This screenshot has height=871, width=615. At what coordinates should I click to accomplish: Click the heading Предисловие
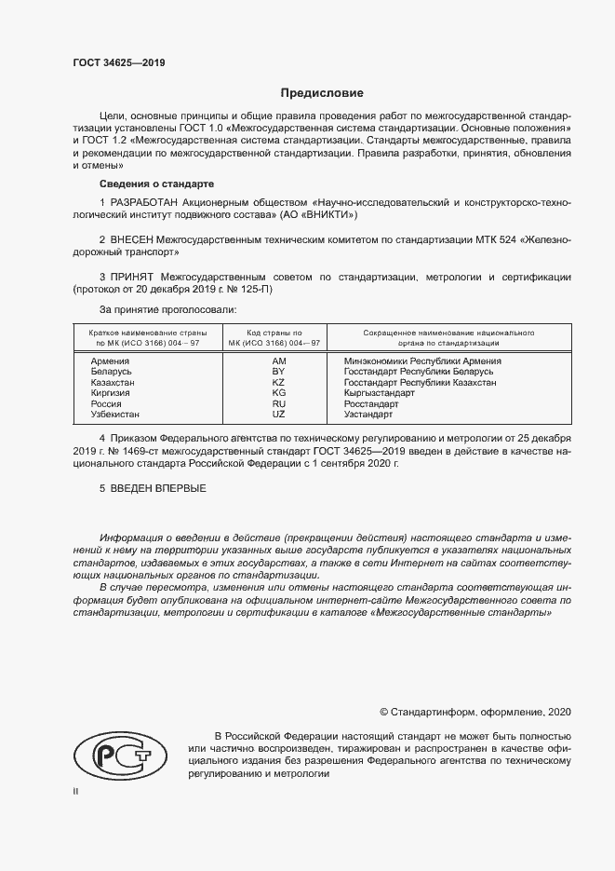tap(323, 93)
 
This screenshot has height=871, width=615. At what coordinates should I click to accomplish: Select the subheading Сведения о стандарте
tap(156, 184)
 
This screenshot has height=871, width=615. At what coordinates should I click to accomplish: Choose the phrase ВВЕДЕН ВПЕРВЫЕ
tap(158, 488)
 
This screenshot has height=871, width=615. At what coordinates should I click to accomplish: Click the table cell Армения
tap(109, 361)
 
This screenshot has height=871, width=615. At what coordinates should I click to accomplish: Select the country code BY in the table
tap(278, 372)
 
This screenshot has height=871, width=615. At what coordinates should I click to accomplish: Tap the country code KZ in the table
tap(278, 383)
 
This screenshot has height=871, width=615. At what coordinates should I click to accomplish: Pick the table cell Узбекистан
tap(115, 415)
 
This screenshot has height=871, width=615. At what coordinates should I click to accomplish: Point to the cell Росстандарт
tap(371, 404)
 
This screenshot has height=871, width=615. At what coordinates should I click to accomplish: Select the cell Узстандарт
tap(369, 415)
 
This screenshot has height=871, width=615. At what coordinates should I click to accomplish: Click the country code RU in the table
tap(278, 404)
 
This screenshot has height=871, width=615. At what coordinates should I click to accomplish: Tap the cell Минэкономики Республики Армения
tap(422, 361)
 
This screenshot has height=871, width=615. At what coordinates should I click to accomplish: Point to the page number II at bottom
tap(76, 791)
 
